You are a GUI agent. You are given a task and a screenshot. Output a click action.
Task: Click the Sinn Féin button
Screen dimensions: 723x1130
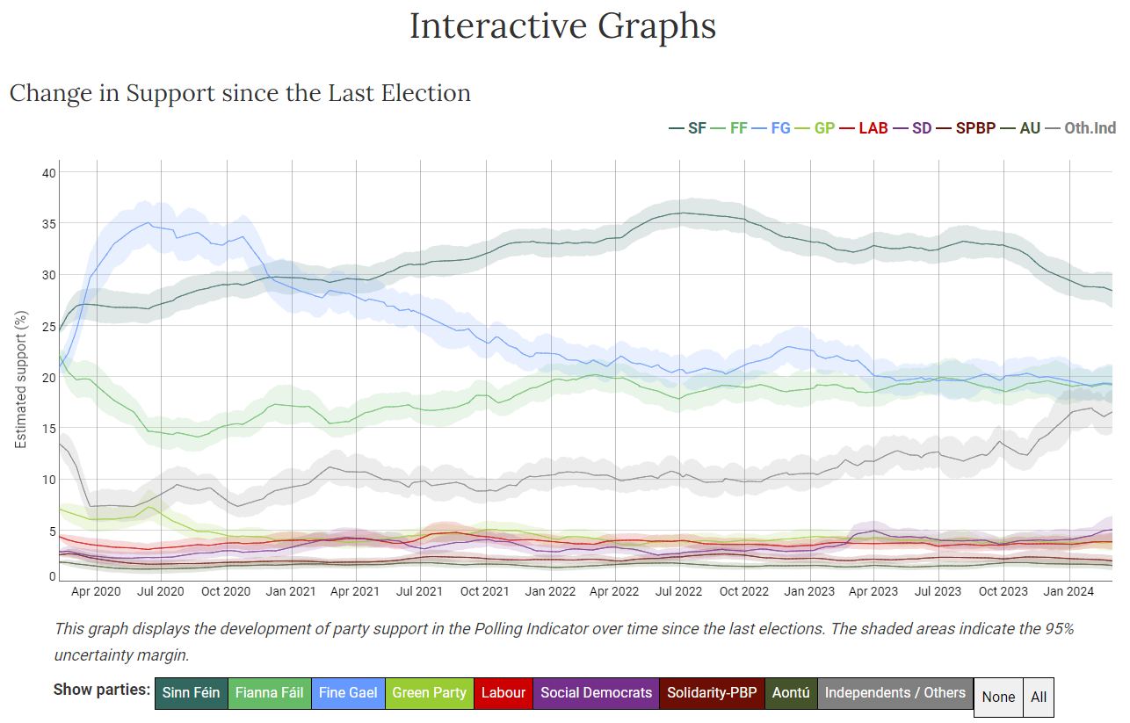pos(191,693)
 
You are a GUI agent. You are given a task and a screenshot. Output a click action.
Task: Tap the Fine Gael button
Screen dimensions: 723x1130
pos(348,693)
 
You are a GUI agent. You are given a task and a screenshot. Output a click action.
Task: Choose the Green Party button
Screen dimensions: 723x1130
pos(429,693)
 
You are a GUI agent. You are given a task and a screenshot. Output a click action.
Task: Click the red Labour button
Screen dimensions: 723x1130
pos(503,693)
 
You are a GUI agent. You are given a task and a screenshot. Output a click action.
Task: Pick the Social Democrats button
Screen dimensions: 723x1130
pos(597,693)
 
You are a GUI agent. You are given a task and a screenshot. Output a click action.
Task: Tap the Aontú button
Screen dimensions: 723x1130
pos(791,693)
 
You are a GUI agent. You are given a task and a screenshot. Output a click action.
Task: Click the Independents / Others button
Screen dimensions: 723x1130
pos(895,693)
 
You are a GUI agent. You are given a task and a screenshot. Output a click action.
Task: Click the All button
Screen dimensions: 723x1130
pos(1039,697)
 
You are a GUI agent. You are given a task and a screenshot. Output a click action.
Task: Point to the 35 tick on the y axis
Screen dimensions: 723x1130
pos(48,224)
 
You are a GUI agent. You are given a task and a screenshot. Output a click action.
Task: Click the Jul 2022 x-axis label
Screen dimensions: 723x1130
pos(678,591)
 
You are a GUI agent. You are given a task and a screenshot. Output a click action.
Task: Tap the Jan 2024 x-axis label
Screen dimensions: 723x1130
pos(1068,591)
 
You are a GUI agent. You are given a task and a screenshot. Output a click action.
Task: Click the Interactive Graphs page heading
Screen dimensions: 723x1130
pos(563,26)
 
